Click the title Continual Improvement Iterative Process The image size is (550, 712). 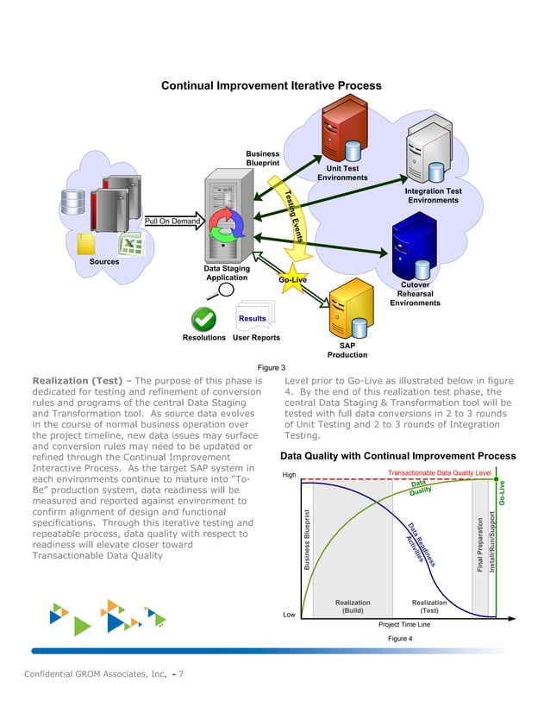[272, 86]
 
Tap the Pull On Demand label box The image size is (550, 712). [172, 222]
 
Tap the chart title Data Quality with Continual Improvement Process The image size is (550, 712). [398, 455]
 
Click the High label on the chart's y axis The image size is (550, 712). [290, 475]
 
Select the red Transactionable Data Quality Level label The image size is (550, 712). [440, 472]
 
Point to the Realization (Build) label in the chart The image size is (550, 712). [353, 607]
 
